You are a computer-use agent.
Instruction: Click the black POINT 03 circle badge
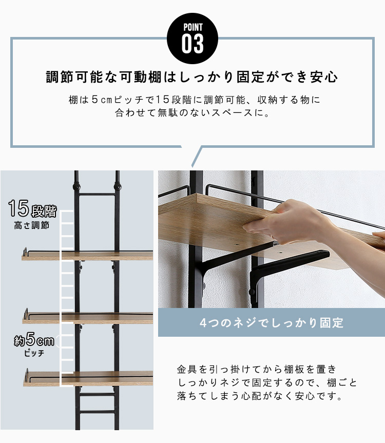coord(192,38)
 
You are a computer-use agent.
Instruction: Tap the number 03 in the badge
coord(192,44)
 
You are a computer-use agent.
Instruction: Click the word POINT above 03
coord(193,27)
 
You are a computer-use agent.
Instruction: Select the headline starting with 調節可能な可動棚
coord(192,77)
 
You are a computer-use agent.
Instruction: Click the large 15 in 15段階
coord(18,208)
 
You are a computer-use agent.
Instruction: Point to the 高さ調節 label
coord(32,225)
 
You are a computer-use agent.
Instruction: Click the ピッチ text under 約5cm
coord(34,353)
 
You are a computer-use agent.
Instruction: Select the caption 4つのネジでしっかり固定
coord(272,323)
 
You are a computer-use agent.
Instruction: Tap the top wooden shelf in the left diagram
coord(88,256)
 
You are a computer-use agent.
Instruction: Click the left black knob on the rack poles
coord(76,187)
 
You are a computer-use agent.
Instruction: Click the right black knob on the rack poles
coord(117,186)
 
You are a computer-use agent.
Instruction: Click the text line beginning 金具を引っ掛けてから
coord(257,369)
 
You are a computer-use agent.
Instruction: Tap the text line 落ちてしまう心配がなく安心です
coord(259,396)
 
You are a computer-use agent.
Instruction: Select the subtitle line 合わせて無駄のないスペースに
coord(192,113)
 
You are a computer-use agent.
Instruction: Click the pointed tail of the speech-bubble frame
coord(192,166)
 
